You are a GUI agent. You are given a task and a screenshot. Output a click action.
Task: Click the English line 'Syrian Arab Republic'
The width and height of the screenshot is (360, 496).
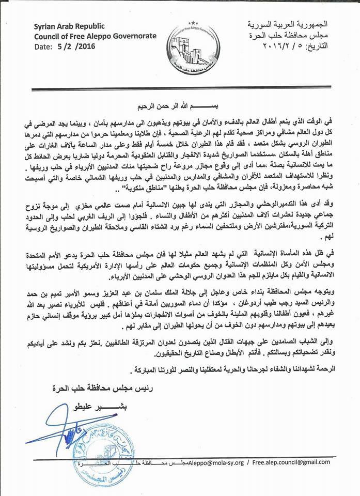pyautogui.click(x=69, y=26)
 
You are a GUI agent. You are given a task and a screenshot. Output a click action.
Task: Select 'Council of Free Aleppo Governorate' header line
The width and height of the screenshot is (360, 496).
pyautogui.click(x=86, y=36)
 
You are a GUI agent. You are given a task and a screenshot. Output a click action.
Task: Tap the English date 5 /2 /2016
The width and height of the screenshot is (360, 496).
pyautogui.click(x=78, y=46)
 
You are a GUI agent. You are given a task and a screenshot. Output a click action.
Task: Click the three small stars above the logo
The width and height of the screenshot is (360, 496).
pyautogui.click(x=193, y=23)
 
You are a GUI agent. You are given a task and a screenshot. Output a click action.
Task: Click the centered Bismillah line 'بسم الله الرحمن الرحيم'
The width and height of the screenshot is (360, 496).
pyautogui.click(x=181, y=106)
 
